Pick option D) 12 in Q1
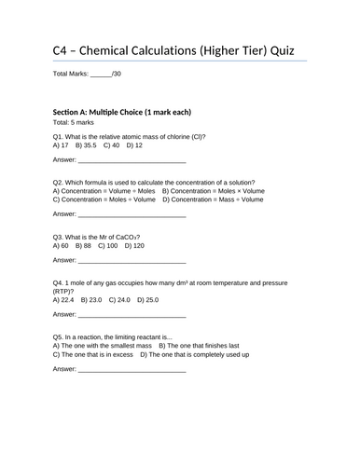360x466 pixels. (133, 145)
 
